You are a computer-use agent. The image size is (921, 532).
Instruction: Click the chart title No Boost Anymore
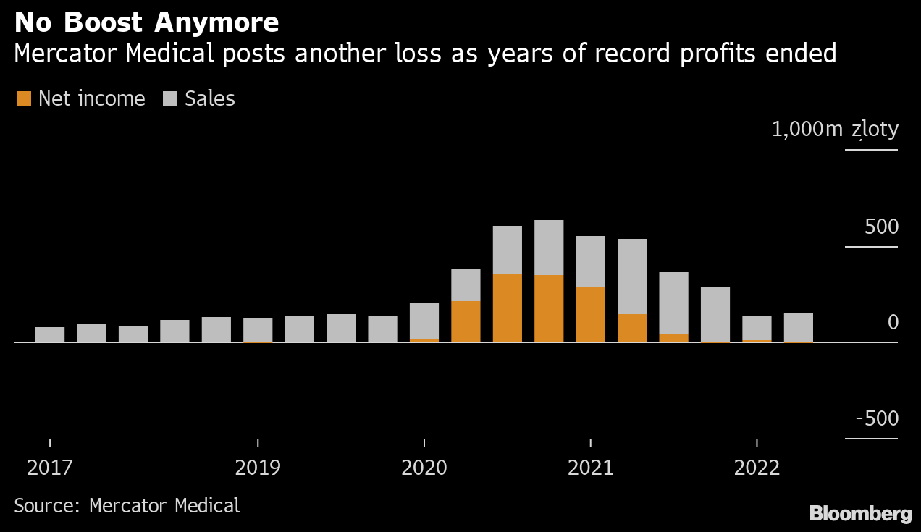click(x=146, y=23)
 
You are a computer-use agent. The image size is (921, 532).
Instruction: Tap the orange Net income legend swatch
click(x=24, y=98)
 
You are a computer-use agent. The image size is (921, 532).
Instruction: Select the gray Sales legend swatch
click(x=170, y=98)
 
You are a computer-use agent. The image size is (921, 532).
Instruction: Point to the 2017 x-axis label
click(x=50, y=468)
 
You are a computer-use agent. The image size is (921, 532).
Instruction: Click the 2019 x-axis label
click(x=258, y=468)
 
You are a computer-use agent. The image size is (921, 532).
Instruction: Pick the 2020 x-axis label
click(x=424, y=468)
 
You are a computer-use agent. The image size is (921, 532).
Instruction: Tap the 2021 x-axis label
click(x=591, y=468)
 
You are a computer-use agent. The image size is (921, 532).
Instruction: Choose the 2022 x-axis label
click(x=757, y=468)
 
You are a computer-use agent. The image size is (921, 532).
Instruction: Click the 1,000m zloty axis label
click(x=835, y=130)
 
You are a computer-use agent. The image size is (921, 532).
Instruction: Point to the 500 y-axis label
click(x=881, y=227)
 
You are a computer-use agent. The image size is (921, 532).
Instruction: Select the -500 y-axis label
click(x=877, y=419)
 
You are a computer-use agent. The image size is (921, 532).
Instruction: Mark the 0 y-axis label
click(x=892, y=323)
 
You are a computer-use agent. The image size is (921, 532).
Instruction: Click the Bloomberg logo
click(x=860, y=514)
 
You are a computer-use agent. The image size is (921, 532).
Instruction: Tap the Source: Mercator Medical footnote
click(x=127, y=505)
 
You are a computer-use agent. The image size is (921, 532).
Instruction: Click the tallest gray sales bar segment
click(x=549, y=247)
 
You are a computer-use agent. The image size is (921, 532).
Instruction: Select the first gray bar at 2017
click(x=50, y=334)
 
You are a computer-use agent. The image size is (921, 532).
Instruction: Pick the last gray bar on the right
click(x=798, y=326)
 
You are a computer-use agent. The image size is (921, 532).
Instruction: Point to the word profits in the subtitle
click(x=703, y=54)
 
